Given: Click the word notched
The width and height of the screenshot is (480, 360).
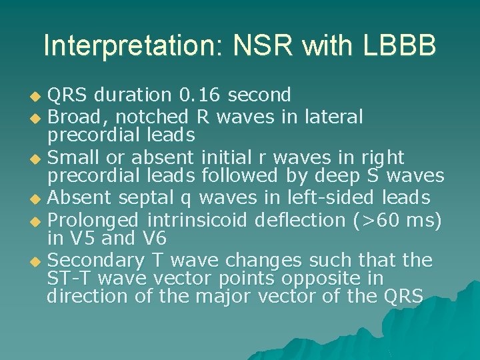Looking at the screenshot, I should pos(154,117).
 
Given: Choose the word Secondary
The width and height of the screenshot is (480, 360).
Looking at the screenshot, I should pos(93,260).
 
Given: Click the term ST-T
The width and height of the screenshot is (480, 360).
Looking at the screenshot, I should pos(67,278).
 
